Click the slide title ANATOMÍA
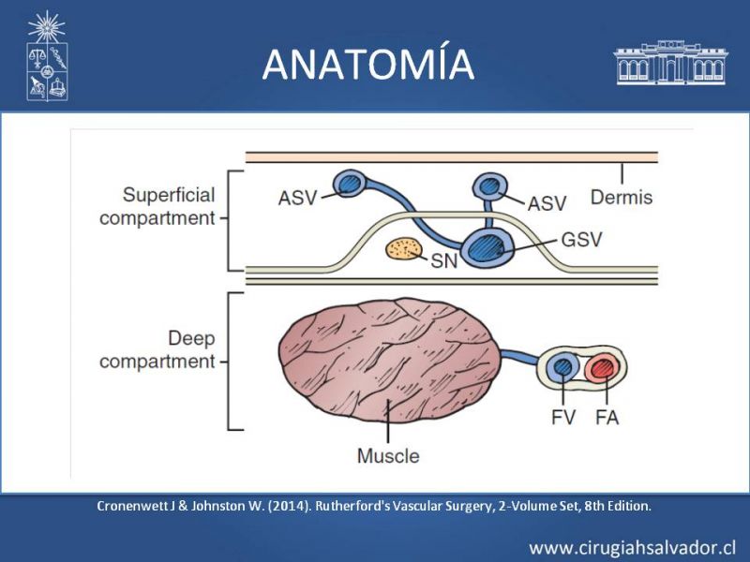click(x=368, y=64)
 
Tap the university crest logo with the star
click(x=47, y=56)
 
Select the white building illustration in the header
click(x=670, y=63)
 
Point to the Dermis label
click(x=622, y=197)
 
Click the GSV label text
click(x=581, y=239)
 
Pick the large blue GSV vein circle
click(x=488, y=247)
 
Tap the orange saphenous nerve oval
click(x=405, y=249)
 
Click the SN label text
click(x=443, y=261)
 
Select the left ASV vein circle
click(x=351, y=183)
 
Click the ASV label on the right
click(x=547, y=203)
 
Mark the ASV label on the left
click(x=297, y=198)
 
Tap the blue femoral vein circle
click(x=563, y=367)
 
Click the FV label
click(x=563, y=418)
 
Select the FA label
click(x=607, y=418)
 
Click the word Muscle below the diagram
click(x=388, y=456)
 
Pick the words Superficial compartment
click(x=157, y=206)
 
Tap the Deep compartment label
click(x=157, y=349)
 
